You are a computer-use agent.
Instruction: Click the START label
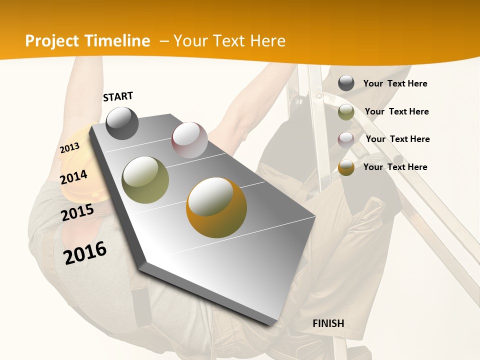coord(118,96)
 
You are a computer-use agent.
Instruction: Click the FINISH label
coord(328,323)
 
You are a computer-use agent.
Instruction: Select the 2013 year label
coord(69,147)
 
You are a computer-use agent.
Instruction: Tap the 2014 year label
coord(73,177)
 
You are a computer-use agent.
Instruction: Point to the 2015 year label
coord(77,212)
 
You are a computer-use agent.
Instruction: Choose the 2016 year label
coord(85,252)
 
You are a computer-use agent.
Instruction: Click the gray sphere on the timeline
coord(122,123)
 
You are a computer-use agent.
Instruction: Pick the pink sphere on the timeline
coord(189,140)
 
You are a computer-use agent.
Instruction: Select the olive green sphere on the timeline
coord(145,180)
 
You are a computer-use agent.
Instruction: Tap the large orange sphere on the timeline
coord(216,207)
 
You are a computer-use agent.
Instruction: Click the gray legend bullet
coord(346,83)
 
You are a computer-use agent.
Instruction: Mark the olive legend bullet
coord(346,112)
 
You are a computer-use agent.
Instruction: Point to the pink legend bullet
coord(346,139)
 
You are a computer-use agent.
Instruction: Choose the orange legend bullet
coord(346,167)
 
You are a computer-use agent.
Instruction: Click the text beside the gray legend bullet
coord(395,83)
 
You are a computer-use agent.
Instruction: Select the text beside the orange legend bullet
coord(395,167)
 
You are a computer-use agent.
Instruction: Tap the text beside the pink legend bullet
coord(397,139)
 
